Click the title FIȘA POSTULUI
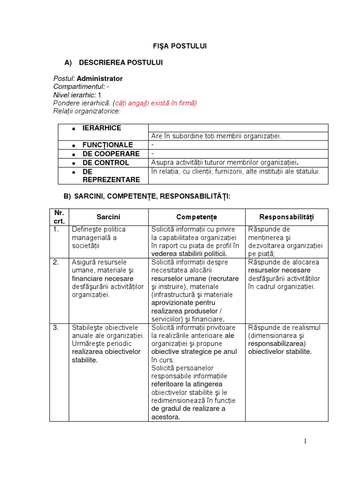tap(180, 46)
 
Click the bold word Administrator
tap(99, 79)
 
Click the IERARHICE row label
tap(102, 128)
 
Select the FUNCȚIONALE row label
tap(108, 145)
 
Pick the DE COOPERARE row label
tap(111, 154)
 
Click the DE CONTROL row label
tap(105, 163)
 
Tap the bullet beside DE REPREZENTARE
tap(74, 172)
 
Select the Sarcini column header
tap(108, 217)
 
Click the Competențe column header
tap(196, 217)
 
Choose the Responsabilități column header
tap(286, 217)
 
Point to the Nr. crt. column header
tap(59, 217)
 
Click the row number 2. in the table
tap(56, 262)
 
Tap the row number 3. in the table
tap(56, 328)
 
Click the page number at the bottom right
tap(305, 441)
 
